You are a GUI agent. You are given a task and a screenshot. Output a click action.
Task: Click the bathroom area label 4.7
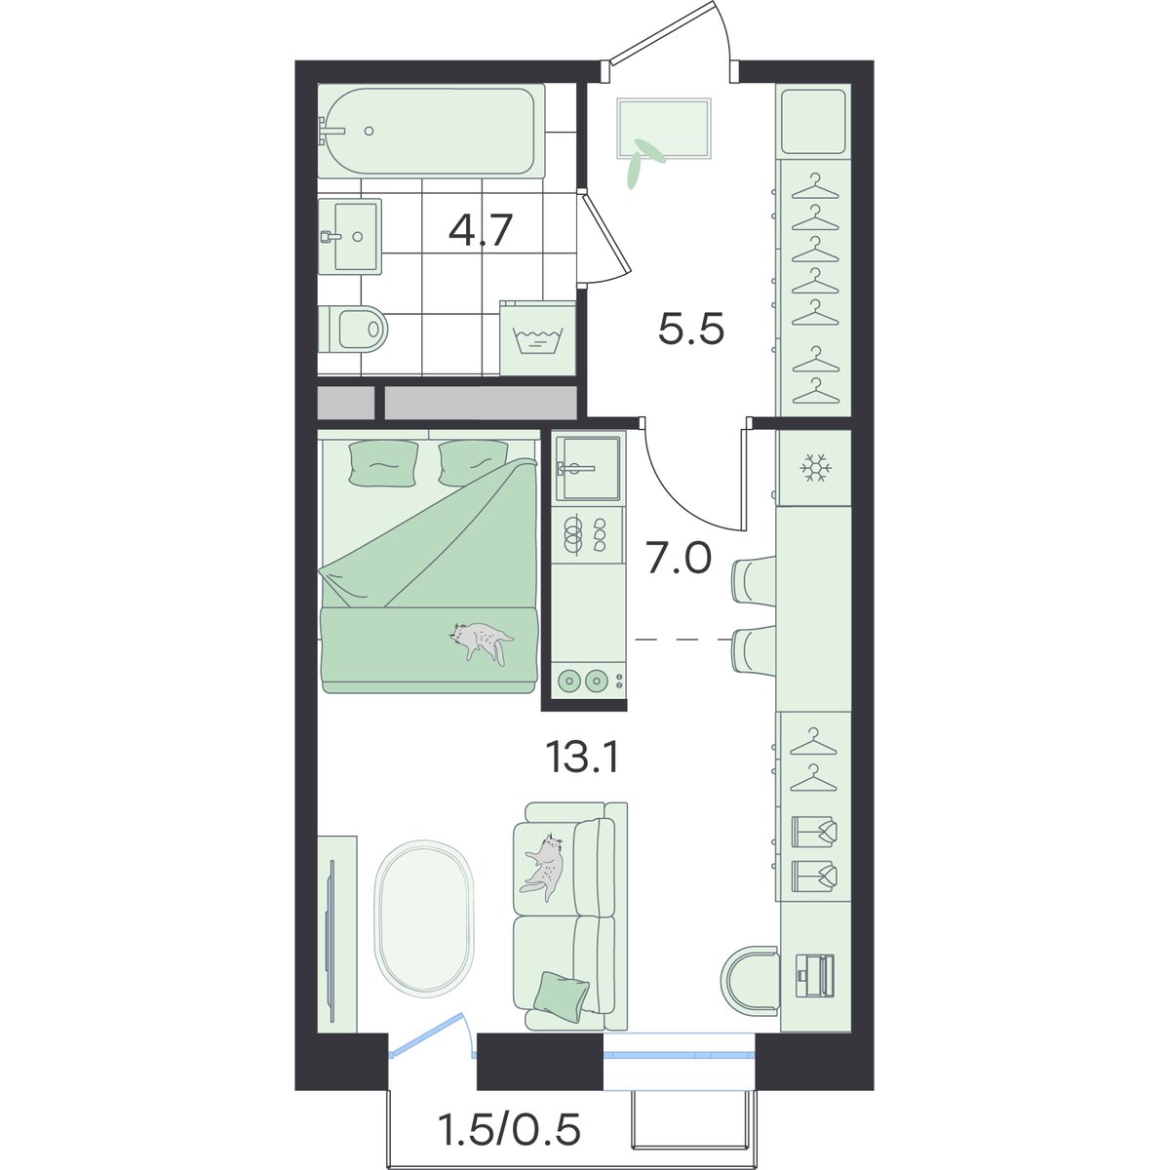coord(481,230)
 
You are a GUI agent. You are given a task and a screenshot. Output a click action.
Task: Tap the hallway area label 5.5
coord(691,331)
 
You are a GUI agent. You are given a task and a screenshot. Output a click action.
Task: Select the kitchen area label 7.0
coord(679,560)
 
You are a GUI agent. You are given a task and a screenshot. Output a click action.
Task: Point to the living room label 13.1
coord(583,758)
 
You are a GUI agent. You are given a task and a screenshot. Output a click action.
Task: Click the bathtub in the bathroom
coord(431,131)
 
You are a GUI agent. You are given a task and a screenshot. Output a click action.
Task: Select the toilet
coord(352,329)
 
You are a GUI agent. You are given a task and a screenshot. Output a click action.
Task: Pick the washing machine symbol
coord(537,338)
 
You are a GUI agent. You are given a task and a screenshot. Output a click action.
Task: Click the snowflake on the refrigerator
coord(815,468)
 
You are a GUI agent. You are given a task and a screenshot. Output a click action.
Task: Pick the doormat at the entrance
coord(664,129)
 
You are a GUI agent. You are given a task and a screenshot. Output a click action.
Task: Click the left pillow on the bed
coord(383,462)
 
